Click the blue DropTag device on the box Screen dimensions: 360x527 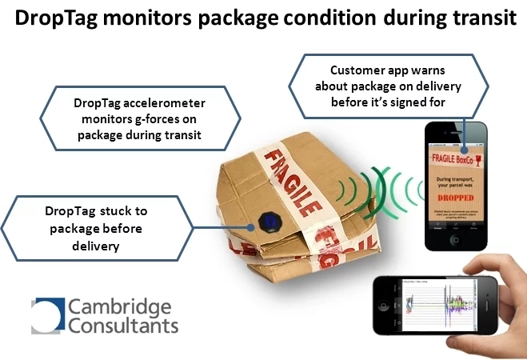(269, 221)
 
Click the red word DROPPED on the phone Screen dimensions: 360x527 (456, 213)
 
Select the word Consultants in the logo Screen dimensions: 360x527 (123, 328)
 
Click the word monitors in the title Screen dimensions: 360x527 (146, 18)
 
